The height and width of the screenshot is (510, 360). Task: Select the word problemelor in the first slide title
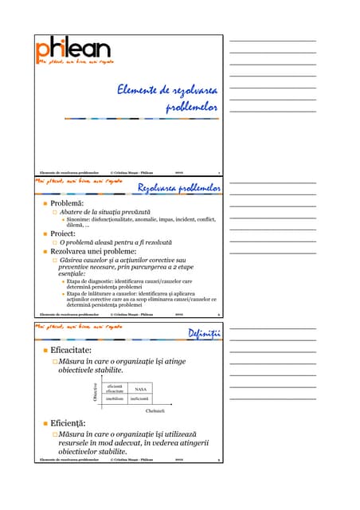click(191, 107)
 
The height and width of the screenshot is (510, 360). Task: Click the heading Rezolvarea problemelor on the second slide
click(179, 188)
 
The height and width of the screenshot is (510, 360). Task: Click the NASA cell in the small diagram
click(141, 389)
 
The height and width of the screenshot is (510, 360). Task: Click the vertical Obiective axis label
click(95, 393)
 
